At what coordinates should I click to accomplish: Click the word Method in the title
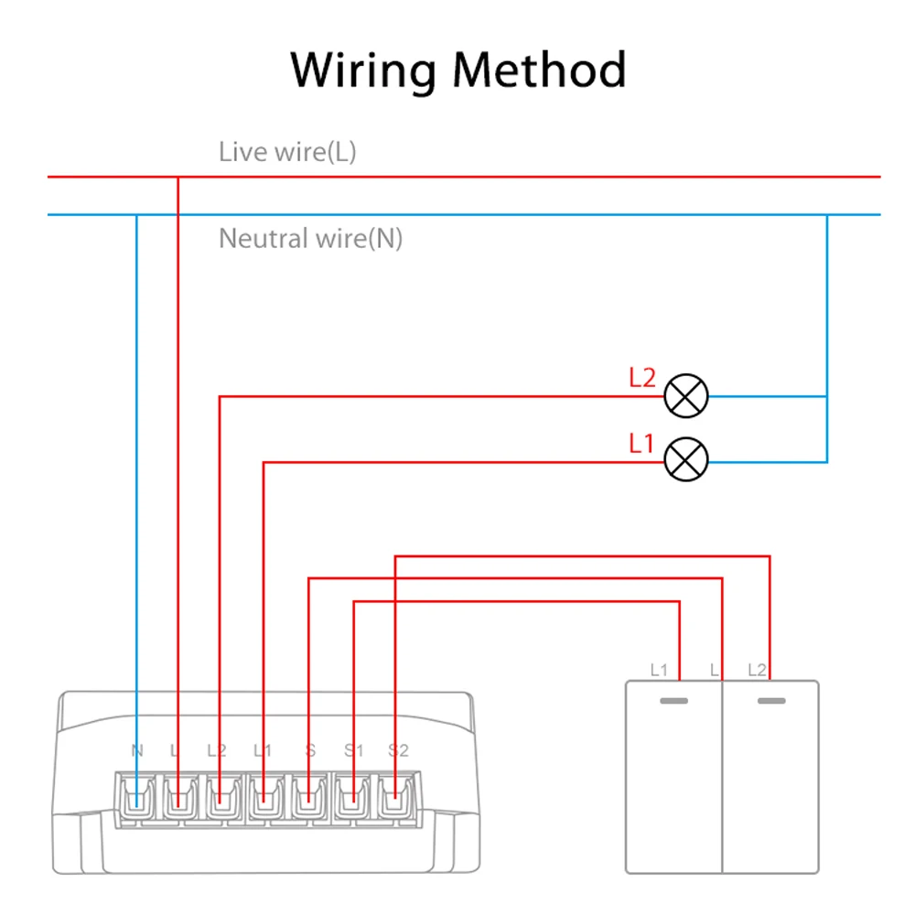(x=539, y=70)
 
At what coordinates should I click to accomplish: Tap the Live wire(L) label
(x=287, y=152)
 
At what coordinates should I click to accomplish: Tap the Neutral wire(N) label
(x=310, y=239)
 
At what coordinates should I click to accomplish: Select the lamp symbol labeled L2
(x=685, y=395)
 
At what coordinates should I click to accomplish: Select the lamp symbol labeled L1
(x=685, y=460)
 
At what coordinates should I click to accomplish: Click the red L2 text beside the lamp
(x=642, y=377)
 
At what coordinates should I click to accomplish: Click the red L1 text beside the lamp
(x=642, y=444)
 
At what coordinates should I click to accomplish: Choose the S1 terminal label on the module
(x=353, y=751)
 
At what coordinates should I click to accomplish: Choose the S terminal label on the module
(x=310, y=751)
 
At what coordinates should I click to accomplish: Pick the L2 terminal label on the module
(x=217, y=751)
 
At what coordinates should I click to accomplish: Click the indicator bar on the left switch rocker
(x=673, y=702)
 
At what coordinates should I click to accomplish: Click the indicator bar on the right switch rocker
(x=771, y=702)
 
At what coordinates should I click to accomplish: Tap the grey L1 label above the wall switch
(x=659, y=670)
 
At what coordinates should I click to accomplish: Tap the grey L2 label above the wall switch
(x=757, y=670)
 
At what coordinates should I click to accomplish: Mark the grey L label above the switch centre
(x=715, y=670)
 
